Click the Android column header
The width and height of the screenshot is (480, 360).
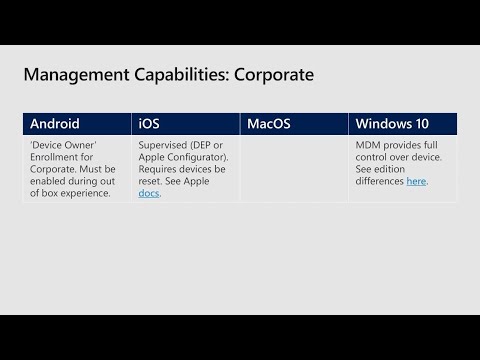tap(55, 124)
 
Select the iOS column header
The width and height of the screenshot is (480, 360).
tap(147, 124)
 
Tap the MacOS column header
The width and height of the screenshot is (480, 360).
tap(269, 124)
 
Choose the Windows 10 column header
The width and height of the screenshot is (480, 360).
tap(392, 124)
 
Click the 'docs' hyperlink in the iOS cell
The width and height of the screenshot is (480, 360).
tap(148, 193)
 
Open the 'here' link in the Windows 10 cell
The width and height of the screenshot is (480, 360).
tap(416, 181)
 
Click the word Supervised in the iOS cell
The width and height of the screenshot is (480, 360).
tap(162, 145)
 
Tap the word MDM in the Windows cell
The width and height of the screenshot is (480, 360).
tap(368, 145)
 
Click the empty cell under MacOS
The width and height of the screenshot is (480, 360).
tap(294, 169)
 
